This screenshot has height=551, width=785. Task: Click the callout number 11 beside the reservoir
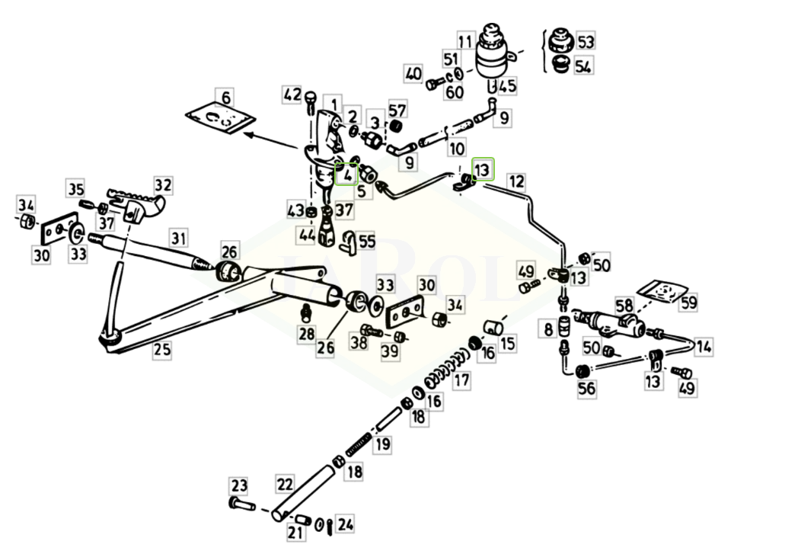click(x=465, y=40)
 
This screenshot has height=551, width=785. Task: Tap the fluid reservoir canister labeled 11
click(x=496, y=56)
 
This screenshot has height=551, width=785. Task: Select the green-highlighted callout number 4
click(x=346, y=175)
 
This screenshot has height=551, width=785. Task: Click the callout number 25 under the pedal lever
click(x=161, y=350)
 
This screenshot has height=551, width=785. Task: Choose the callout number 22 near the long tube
click(x=285, y=485)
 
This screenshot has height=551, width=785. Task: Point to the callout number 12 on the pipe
click(x=516, y=181)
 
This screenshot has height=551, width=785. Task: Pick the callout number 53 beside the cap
click(x=586, y=40)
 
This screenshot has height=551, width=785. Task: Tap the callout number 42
click(x=292, y=95)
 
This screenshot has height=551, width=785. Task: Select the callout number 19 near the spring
click(x=382, y=444)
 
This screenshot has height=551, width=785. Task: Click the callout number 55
click(x=367, y=242)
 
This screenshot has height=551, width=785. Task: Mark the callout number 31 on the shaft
click(x=178, y=238)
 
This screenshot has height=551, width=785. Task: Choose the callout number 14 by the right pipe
click(x=704, y=347)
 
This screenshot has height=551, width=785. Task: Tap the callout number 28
click(x=306, y=333)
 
